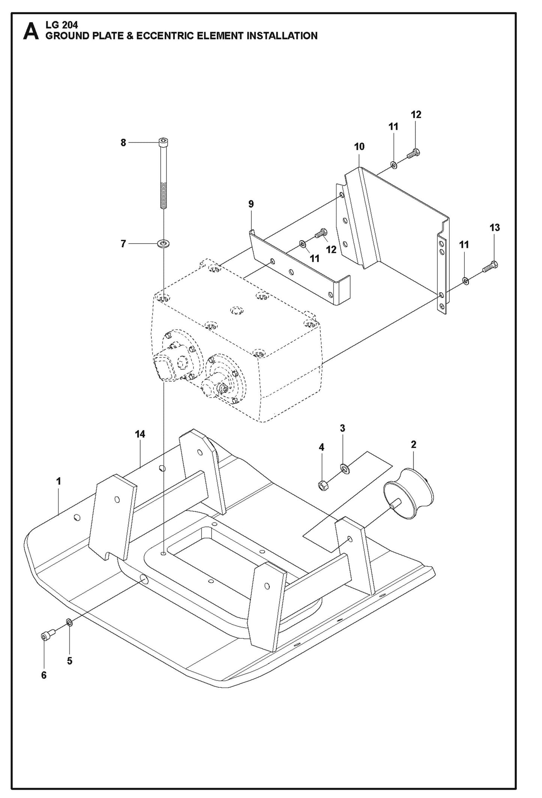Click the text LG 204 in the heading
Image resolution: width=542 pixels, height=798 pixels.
[x=62, y=25]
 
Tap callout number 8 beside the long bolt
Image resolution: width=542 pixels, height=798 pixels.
[x=123, y=143]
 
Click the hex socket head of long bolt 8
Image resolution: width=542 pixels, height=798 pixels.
[x=164, y=142]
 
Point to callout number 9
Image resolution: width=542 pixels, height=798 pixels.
[x=251, y=204]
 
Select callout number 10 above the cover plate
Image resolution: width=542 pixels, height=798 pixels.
[x=359, y=147]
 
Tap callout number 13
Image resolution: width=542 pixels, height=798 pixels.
[x=494, y=227]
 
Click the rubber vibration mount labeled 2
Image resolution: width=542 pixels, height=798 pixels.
[x=409, y=493]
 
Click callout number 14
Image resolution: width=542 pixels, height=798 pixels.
[x=140, y=434]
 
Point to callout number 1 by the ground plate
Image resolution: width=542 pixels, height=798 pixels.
[x=59, y=481]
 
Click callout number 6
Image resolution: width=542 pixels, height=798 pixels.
[x=44, y=675]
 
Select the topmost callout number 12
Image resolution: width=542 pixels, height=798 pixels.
[x=416, y=114]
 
